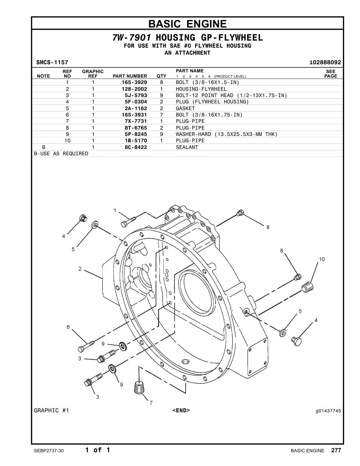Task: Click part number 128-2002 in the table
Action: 134,89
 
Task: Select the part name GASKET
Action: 185,108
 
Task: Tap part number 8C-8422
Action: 136,147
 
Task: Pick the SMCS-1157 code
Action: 52,62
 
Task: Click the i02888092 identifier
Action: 325,62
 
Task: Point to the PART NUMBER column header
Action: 130,76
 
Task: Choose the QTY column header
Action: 161,76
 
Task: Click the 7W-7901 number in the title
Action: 132,38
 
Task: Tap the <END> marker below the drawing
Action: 181,410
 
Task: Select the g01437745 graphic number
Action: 328,411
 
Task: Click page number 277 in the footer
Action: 336,450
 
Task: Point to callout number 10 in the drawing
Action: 322,259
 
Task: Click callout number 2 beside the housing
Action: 80,269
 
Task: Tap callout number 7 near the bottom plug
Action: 151,403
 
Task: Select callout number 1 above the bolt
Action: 115,211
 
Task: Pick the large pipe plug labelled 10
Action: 307,287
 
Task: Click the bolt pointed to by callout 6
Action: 86,346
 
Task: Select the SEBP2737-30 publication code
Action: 49,450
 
